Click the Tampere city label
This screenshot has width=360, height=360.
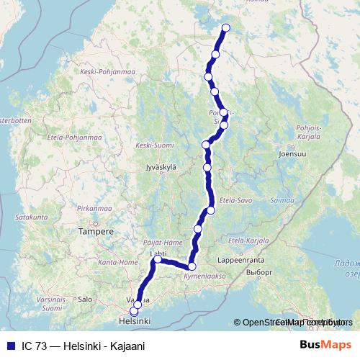click(96, 232)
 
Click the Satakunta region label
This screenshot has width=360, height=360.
click(30, 215)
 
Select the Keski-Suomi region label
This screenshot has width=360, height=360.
click(153, 145)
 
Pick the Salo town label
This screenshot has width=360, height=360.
click(85, 297)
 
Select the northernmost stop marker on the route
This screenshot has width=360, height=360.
click(225, 28)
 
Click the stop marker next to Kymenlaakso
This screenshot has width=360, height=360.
click(192, 266)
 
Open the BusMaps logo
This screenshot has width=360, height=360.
click(325, 345)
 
